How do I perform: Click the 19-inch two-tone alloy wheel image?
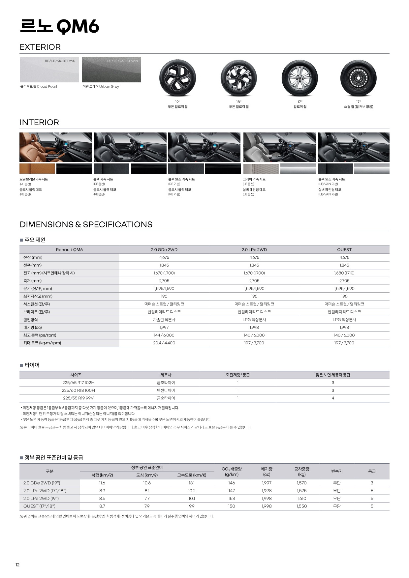click(x=177, y=78)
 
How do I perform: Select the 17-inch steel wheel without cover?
click(x=358, y=78)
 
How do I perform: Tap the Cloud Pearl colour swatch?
click(x=49, y=70)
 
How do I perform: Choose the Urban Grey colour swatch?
click(x=111, y=70)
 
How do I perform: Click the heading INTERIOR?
click(x=39, y=123)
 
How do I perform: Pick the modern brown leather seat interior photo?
click(x=56, y=147)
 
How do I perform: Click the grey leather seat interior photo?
click(x=279, y=147)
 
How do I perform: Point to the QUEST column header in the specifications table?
click(x=344, y=250)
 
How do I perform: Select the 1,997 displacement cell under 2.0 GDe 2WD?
click(x=164, y=328)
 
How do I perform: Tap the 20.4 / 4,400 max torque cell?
click(x=164, y=343)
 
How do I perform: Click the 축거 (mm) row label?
click(x=33, y=281)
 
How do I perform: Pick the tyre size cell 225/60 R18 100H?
click(x=78, y=390)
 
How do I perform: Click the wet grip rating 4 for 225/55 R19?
click(x=333, y=398)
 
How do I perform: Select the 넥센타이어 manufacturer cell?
click(x=166, y=390)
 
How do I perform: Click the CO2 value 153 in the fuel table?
click(x=232, y=499)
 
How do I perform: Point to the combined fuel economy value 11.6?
click(x=102, y=483)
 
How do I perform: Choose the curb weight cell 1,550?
click(x=301, y=506)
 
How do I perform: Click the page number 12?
click(x=17, y=565)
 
